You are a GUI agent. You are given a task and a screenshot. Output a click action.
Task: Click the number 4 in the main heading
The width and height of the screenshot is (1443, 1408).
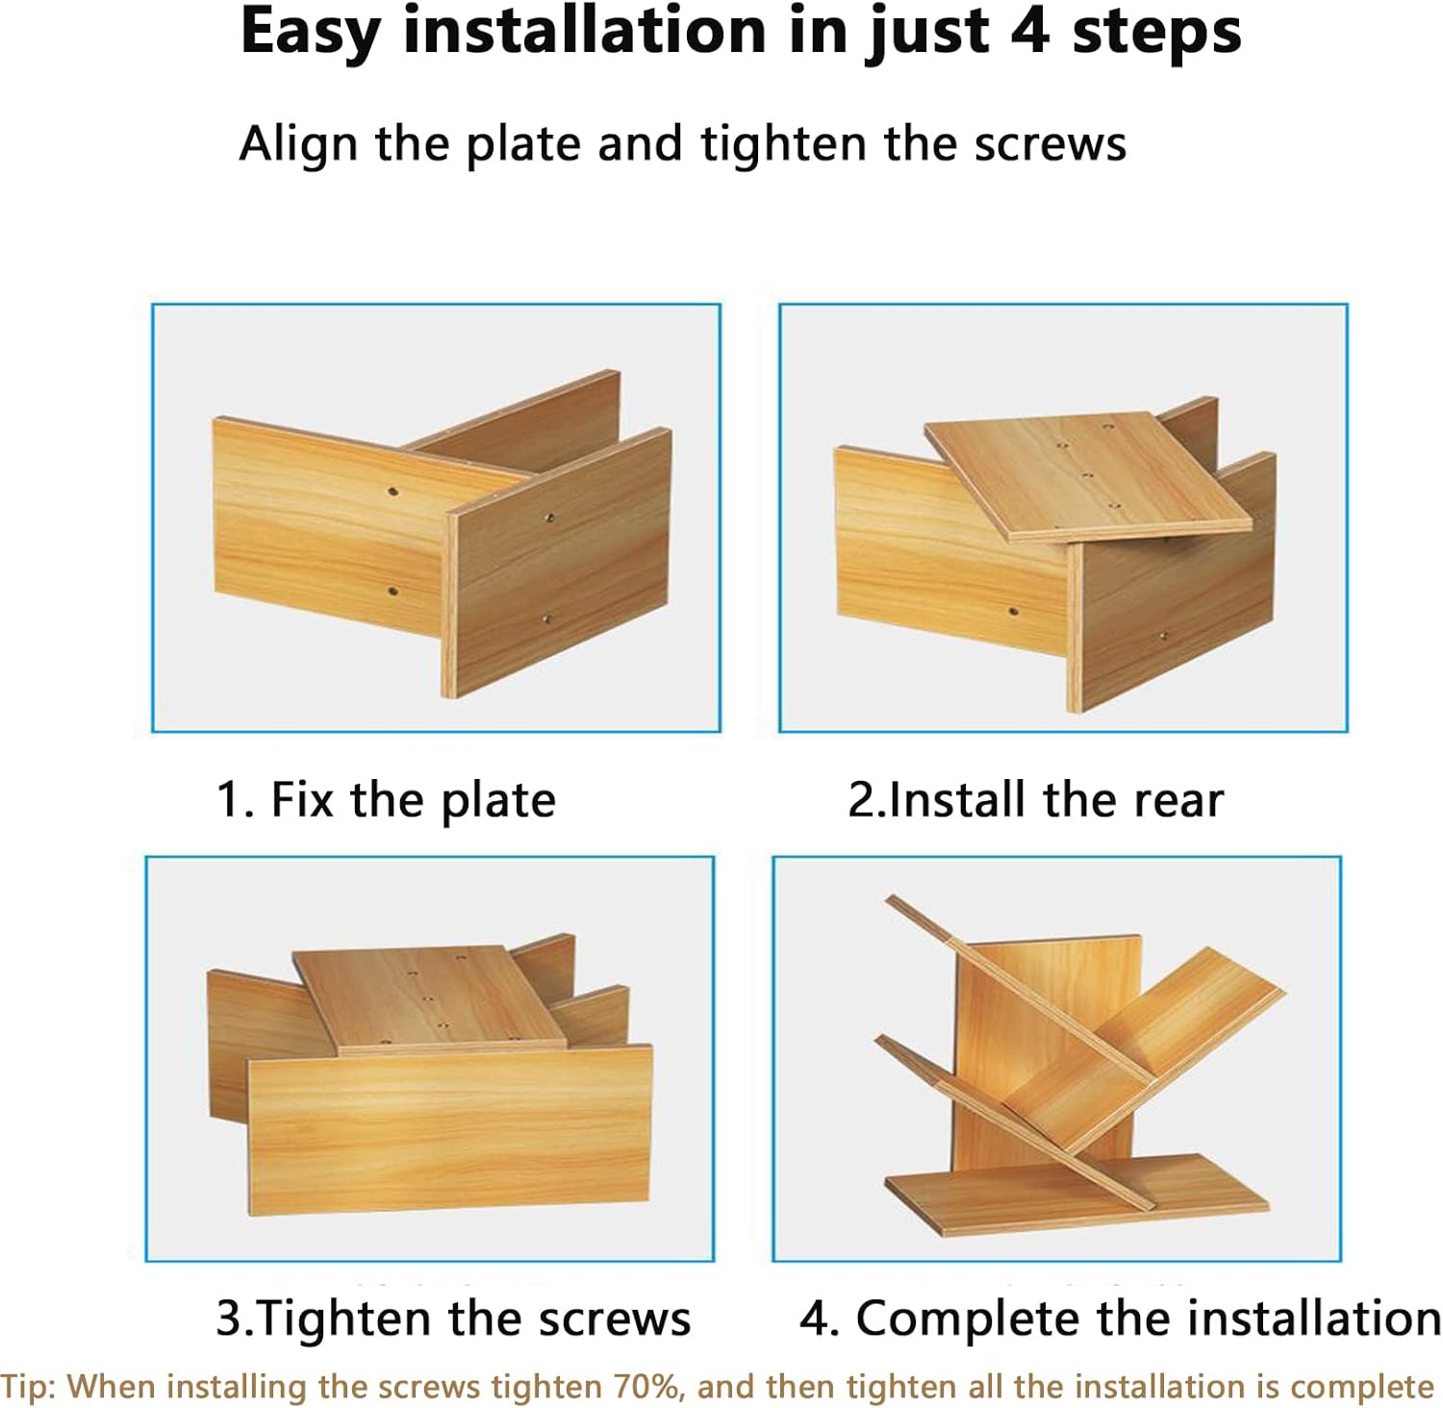pos(1031,32)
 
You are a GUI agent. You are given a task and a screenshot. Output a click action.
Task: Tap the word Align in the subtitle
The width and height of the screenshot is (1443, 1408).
pos(298,145)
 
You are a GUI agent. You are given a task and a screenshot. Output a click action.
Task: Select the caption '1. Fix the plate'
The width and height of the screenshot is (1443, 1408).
pos(386,800)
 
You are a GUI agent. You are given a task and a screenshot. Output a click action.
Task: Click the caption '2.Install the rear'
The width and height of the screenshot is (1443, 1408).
pos(1035,800)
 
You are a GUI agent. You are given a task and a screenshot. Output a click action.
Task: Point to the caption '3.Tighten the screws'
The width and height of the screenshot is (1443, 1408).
pos(453,1318)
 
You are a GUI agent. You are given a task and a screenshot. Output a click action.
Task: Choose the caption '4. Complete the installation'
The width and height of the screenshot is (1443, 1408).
pos(1120,1318)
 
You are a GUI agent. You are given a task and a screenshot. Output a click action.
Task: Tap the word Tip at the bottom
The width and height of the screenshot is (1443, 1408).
pos(29,1387)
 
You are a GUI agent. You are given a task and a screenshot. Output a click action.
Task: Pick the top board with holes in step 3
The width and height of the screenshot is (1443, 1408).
pos(430,999)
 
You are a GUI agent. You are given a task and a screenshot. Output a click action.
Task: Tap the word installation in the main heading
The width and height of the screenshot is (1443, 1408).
pos(584,32)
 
